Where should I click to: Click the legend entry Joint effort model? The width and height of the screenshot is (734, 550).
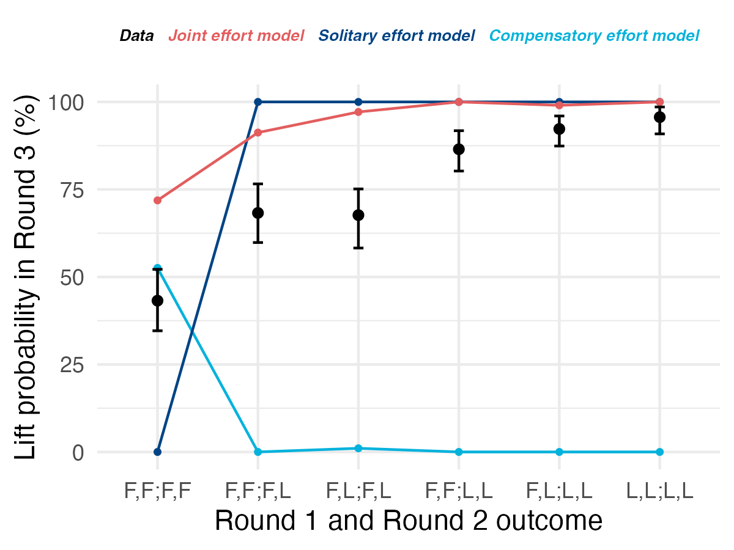236,36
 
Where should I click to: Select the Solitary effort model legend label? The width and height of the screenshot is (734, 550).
396,36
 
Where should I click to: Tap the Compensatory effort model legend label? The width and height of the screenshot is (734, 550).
594,36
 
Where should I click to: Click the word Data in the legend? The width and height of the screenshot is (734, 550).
136,36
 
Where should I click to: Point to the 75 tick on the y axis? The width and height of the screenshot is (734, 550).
69,189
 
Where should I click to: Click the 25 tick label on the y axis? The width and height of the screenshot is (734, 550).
69,364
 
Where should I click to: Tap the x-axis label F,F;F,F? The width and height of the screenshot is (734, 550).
157,491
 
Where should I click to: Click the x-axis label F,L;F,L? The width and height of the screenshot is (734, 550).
358,491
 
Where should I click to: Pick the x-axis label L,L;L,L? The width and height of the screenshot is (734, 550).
659,491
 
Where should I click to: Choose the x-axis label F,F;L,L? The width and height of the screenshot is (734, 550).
459,491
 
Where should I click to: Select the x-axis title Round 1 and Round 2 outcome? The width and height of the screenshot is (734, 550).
409,521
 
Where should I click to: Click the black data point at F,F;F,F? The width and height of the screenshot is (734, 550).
157,301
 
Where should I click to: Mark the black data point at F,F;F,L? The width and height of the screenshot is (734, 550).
258,213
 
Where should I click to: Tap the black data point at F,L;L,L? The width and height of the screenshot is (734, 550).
559,129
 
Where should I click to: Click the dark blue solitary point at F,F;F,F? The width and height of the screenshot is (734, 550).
157,452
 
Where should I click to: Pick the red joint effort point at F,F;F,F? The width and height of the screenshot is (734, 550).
157,200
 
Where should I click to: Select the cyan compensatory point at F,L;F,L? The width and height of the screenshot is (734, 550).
358,449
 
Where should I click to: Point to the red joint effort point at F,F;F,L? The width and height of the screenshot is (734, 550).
258,133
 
